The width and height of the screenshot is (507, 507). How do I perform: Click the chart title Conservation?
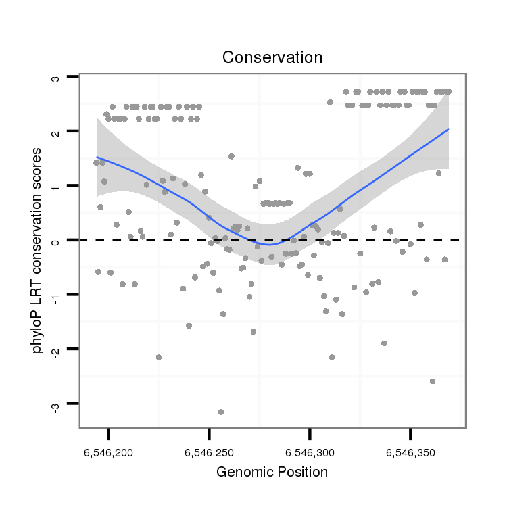(272, 57)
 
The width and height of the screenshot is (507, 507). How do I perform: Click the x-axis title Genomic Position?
(272, 472)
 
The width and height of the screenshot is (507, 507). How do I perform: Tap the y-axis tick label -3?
(55, 406)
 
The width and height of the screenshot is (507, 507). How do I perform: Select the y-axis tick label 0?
(55, 241)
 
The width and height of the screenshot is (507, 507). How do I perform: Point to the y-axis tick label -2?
(55, 350)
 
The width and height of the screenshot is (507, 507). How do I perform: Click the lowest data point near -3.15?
(221, 412)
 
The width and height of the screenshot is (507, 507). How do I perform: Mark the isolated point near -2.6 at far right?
(433, 381)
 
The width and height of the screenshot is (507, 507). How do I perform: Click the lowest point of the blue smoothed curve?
(270, 244)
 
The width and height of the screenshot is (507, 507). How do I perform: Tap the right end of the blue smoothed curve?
(448, 129)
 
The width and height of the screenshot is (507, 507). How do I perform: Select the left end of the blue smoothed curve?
(97, 157)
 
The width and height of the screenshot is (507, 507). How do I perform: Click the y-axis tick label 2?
(55, 132)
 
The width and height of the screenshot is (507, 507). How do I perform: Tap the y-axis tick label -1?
(55, 295)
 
